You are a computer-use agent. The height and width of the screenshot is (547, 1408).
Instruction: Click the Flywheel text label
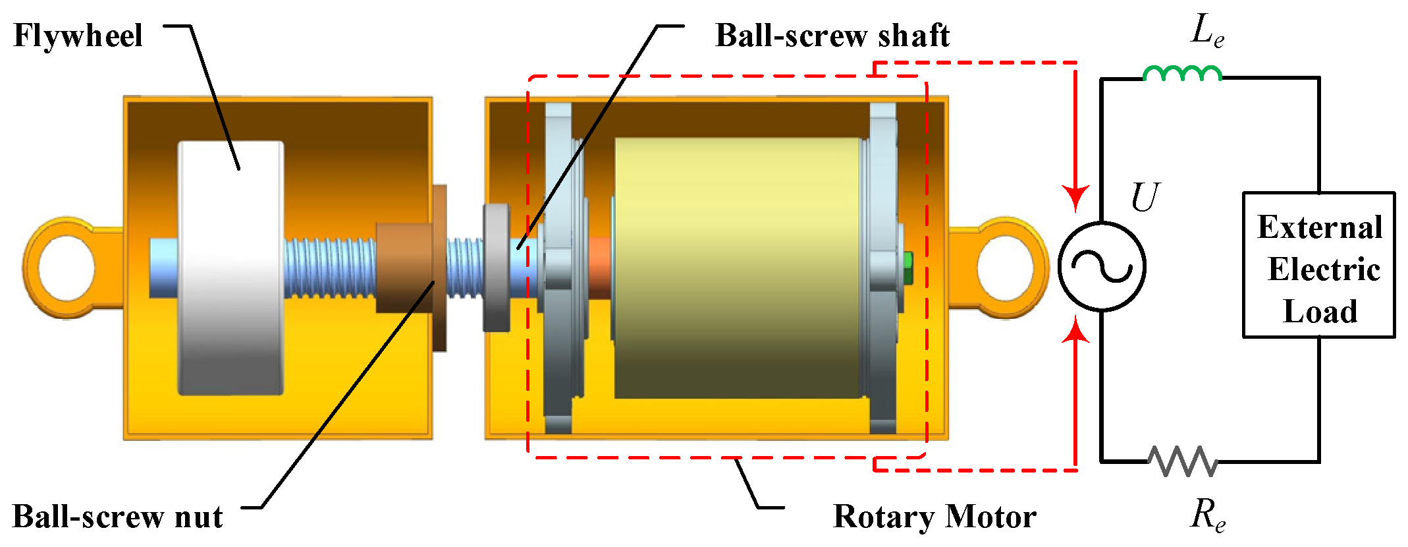pos(78,36)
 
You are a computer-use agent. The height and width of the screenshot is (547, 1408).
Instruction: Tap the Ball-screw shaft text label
pos(832,36)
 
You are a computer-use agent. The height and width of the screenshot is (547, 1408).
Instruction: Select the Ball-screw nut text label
pos(117,517)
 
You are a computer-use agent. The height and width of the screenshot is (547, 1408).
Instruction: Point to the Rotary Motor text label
pos(934,517)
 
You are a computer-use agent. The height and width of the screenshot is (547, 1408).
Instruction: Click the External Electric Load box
pos(1318,266)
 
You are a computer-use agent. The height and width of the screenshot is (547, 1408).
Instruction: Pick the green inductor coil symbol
pos(1182,73)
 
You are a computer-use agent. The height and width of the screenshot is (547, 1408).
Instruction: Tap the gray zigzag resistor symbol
pos(1183,461)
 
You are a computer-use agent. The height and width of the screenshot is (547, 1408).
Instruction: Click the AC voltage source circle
pos(1102,266)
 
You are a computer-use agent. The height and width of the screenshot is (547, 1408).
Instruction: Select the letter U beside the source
pos(1145,196)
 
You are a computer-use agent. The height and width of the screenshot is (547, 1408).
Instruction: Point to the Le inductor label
pos(1208,31)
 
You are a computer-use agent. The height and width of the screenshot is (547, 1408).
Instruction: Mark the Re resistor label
pos(1208,515)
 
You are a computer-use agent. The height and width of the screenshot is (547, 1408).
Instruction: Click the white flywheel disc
pos(230,268)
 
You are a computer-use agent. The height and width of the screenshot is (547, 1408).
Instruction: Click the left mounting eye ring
pos(66,268)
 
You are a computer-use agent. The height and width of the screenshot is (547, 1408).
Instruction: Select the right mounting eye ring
pos(1006,268)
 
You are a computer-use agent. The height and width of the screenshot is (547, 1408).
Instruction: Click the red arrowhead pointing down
pos(1075,198)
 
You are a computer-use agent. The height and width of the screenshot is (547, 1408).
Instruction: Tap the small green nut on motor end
pos(908,268)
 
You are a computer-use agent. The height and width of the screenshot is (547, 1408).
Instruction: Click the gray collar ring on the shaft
pos(497,268)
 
